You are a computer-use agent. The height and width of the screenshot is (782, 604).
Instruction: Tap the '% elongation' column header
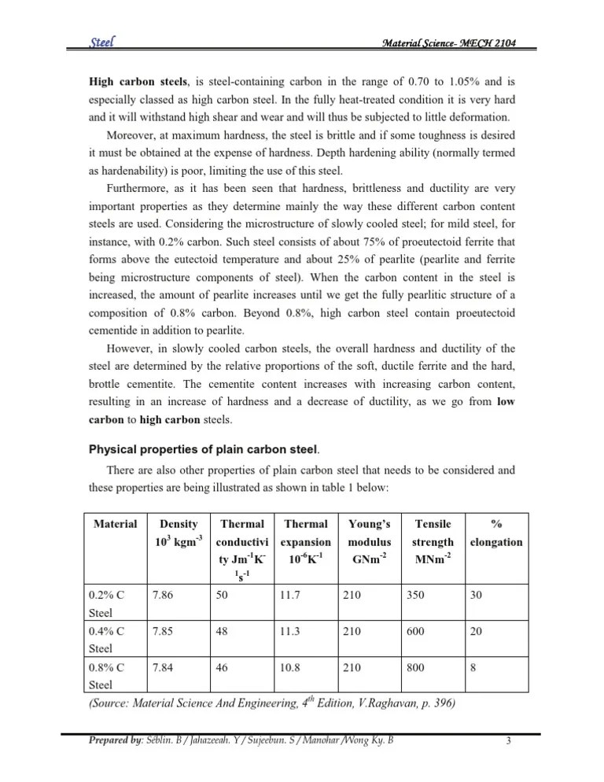496,533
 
